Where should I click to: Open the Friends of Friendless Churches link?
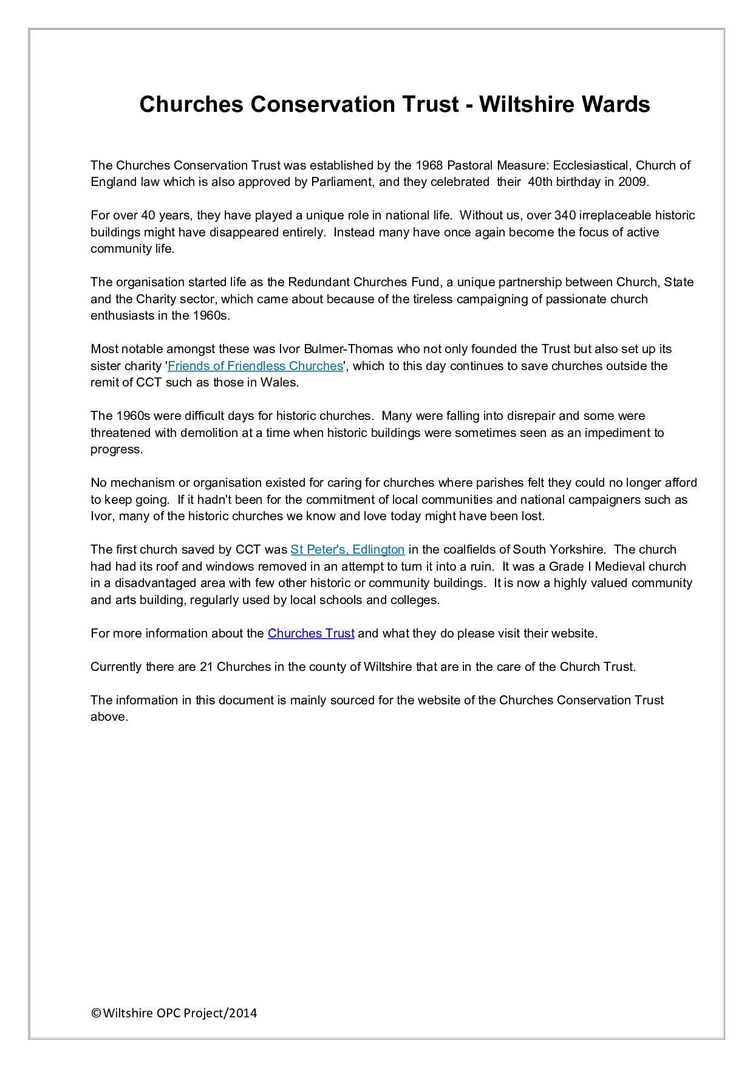(x=255, y=366)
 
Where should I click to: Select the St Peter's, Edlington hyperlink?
(x=347, y=549)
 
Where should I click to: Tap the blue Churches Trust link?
(x=310, y=633)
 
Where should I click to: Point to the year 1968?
(x=429, y=165)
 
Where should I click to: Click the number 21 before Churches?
(x=206, y=667)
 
